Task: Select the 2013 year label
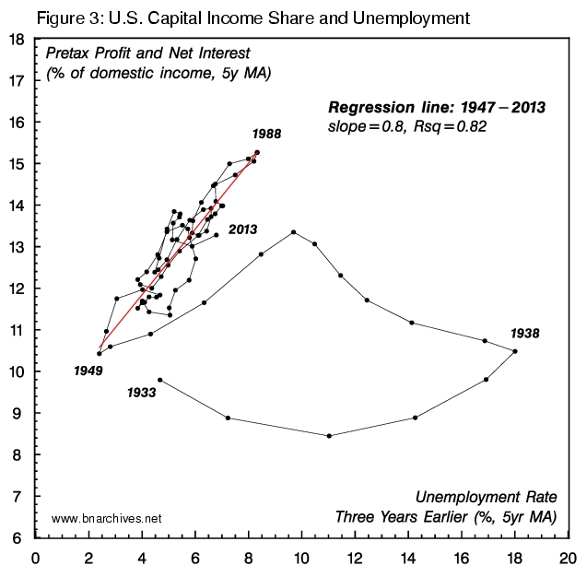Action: click(241, 230)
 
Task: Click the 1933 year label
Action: click(141, 392)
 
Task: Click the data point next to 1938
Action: click(515, 351)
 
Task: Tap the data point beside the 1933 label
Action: click(160, 380)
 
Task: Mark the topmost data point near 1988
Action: click(257, 152)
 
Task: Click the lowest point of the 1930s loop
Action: click(329, 436)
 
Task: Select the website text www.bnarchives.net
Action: click(107, 519)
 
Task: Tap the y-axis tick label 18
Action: click(17, 40)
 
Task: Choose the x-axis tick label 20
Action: click(568, 558)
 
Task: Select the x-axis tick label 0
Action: click(36, 558)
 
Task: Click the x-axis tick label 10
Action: click(301, 558)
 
